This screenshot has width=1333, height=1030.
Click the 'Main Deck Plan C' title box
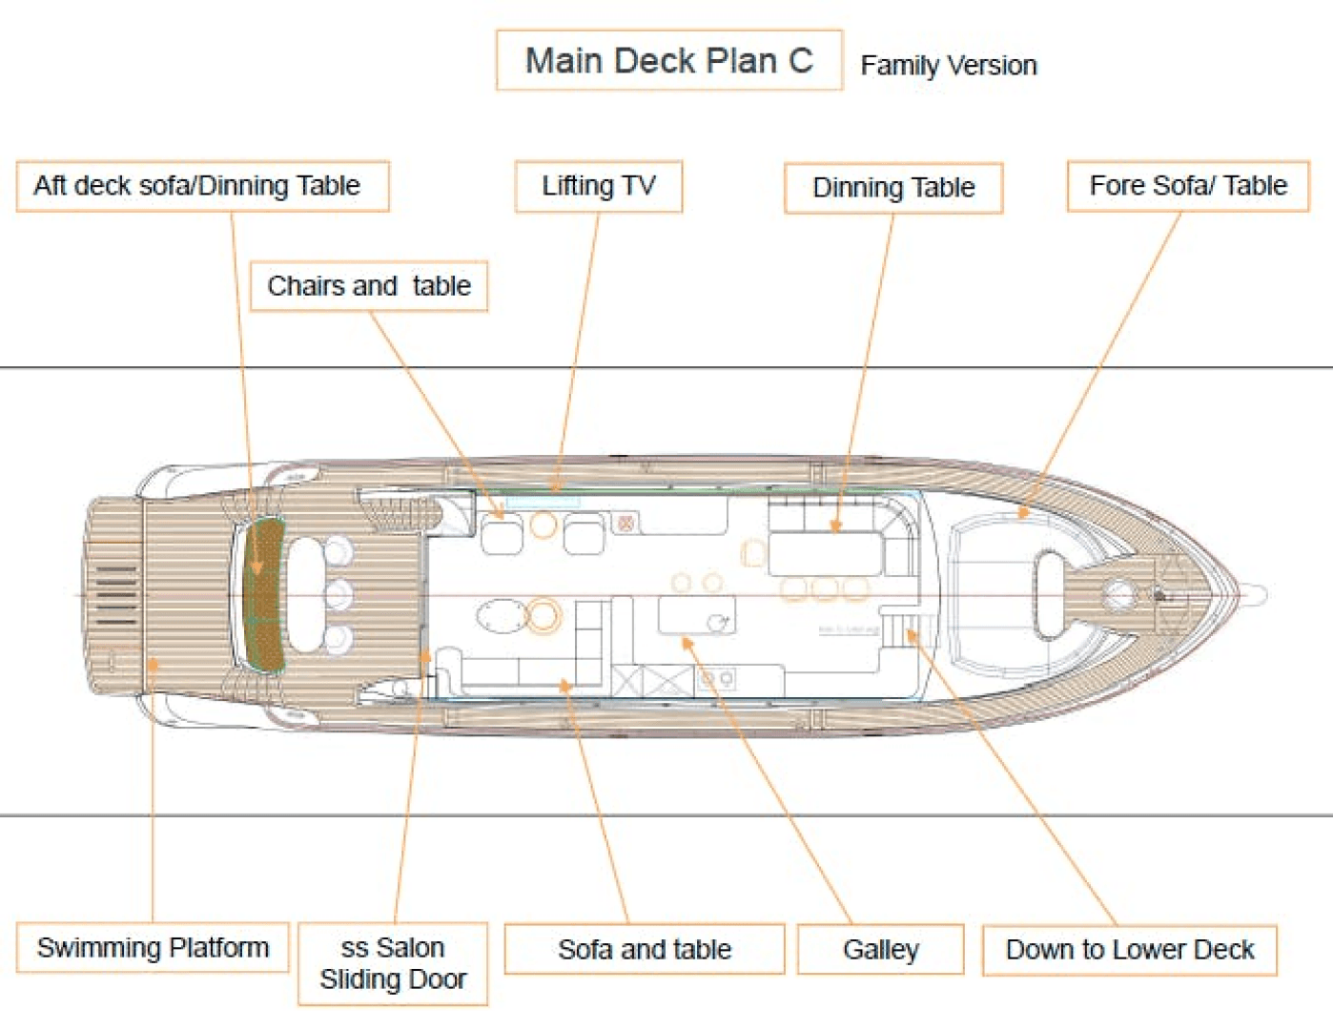[668, 61]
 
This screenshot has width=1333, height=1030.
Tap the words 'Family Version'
[948, 65]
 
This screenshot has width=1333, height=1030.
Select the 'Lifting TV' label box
[599, 186]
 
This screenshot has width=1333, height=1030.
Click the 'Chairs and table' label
[369, 286]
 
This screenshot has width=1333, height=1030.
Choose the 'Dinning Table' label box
[893, 188]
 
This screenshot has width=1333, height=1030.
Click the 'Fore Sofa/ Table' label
[1188, 186]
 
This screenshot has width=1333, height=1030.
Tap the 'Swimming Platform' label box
[153, 948]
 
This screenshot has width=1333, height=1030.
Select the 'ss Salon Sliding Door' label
[393, 963]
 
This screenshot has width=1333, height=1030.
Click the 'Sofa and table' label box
[645, 950]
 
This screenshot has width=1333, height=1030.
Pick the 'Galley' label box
[880, 950]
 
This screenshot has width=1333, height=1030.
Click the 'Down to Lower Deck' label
[1130, 950]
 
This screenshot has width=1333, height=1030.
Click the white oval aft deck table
[305, 593]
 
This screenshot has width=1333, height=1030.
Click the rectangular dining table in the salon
[825, 554]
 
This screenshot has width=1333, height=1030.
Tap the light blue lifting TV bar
[542, 501]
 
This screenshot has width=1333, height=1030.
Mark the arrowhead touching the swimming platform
[152, 664]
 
